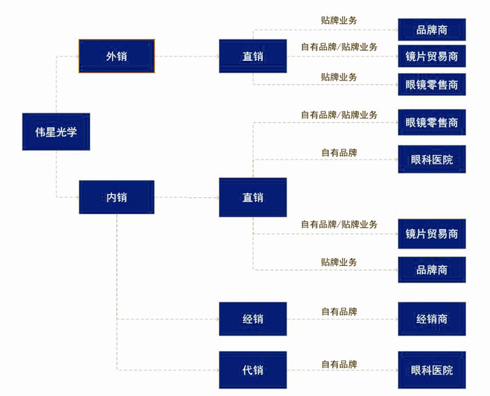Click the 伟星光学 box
(56, 132)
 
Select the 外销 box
(117, 56)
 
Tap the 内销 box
(117, 197)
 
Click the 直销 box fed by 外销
(253, 56)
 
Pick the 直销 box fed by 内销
(253, 197)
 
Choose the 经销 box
(253, 319)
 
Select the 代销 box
(253, 369)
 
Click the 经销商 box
(432, 319)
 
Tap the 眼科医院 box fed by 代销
(432, 369)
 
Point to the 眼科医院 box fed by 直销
(432, 159)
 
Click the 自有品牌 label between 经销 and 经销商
(339, 311)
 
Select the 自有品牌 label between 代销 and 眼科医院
(339, 364)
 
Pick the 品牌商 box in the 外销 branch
(432, 30)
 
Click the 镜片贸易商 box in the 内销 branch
(432, 233)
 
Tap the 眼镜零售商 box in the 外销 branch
(432, 84)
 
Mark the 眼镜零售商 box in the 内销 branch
(432, 122)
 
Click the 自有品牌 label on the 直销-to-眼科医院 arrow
(339, 152)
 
